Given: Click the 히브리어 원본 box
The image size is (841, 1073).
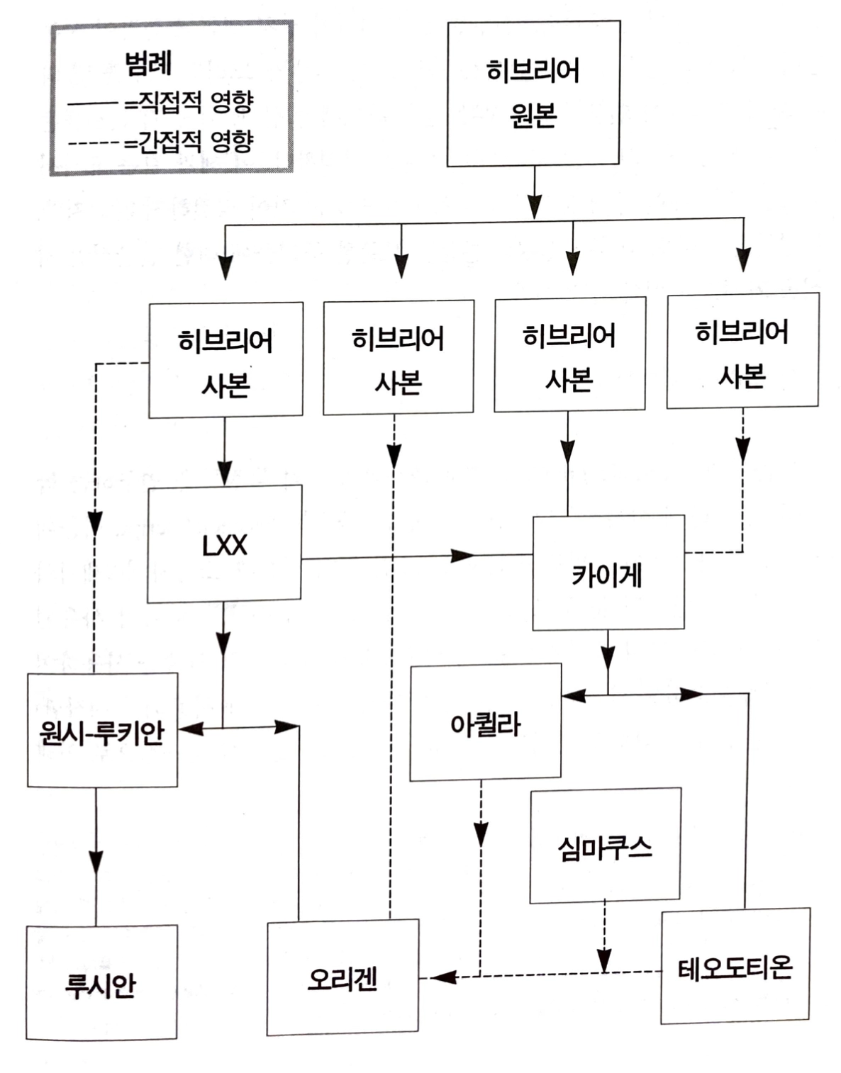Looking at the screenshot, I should click(533, 94).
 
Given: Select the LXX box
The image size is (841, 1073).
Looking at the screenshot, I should click(225, 544).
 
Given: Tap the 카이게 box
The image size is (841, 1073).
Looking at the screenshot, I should click(608, 573).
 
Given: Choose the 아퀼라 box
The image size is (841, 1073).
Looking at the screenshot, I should click(486, 723).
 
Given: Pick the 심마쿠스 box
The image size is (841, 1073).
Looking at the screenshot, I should click(605, 846).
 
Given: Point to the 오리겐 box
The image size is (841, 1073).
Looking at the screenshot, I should click(342, 977).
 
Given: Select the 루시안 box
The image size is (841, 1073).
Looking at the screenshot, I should click(101, 983).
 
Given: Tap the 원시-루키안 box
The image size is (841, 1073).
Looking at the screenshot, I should click(102, 731).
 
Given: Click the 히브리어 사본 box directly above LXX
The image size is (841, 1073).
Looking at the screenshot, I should click(225, 361).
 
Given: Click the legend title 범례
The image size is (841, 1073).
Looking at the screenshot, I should click(148, 63).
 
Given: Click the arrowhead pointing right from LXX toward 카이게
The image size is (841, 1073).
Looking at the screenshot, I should click(463, 555).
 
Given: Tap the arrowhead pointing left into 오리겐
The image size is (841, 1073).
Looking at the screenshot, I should click(442, 977).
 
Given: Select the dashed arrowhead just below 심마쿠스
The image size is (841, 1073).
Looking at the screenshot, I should click(604, 960).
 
